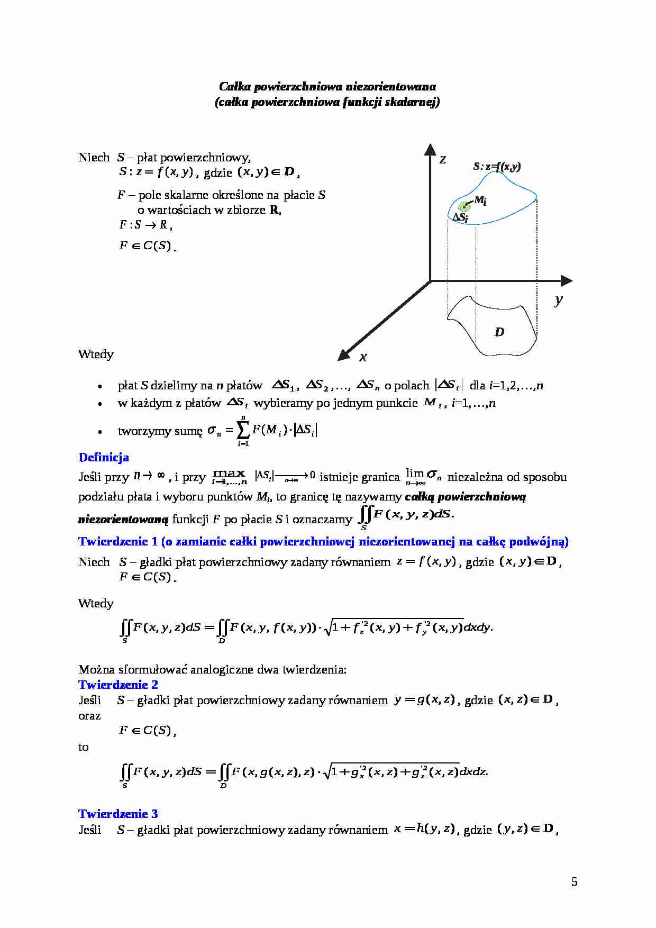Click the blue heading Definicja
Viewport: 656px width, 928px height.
tap(104, 457)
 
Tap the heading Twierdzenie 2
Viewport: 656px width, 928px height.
tap(118, 685)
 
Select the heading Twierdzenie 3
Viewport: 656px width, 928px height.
tap(118, 814)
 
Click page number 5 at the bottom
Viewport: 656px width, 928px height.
tap(575, 882)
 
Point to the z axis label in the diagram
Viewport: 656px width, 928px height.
tap(443, 159)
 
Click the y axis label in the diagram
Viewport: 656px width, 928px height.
tap(559, 300)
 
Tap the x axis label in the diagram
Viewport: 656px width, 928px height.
tap(363, 358)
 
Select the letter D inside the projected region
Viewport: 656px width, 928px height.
tap(499, 332)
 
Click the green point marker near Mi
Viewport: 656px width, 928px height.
tap(464, 207)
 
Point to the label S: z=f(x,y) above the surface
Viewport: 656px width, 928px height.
tap(497, 167)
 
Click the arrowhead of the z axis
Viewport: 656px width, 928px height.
tap(430, 149)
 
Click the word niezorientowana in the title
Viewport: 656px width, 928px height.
tap(391, 86)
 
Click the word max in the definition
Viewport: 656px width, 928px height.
tap(229, 473)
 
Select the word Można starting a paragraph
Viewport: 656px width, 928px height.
tap(93, 669)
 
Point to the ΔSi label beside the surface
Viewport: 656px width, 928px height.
tap(460, 217)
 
